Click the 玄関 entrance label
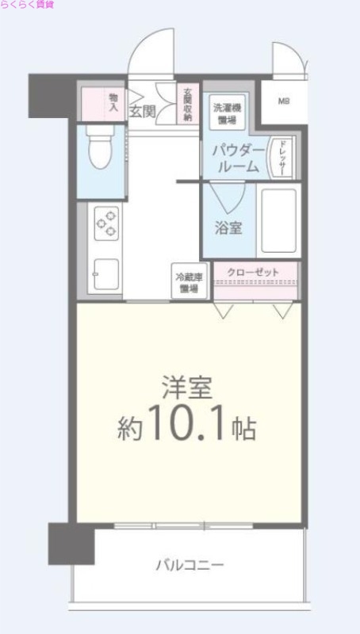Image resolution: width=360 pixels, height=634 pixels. (x=144, y=111)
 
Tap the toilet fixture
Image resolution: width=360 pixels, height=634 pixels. (x=100, y=150)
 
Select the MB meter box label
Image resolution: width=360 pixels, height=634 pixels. (x=283, y=101)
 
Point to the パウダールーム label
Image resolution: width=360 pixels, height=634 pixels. (x=236, y=158)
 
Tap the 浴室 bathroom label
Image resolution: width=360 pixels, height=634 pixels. (x=229, y=227)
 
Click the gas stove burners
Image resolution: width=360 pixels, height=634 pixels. (x=107, y=223)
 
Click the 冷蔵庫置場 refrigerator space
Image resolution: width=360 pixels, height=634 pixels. (x=189, y=283)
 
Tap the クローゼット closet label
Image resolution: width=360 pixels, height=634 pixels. (x=253, y=273)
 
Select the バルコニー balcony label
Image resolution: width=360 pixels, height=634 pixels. (x=189, y=566)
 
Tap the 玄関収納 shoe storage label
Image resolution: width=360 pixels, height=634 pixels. (x=188, y=104)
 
